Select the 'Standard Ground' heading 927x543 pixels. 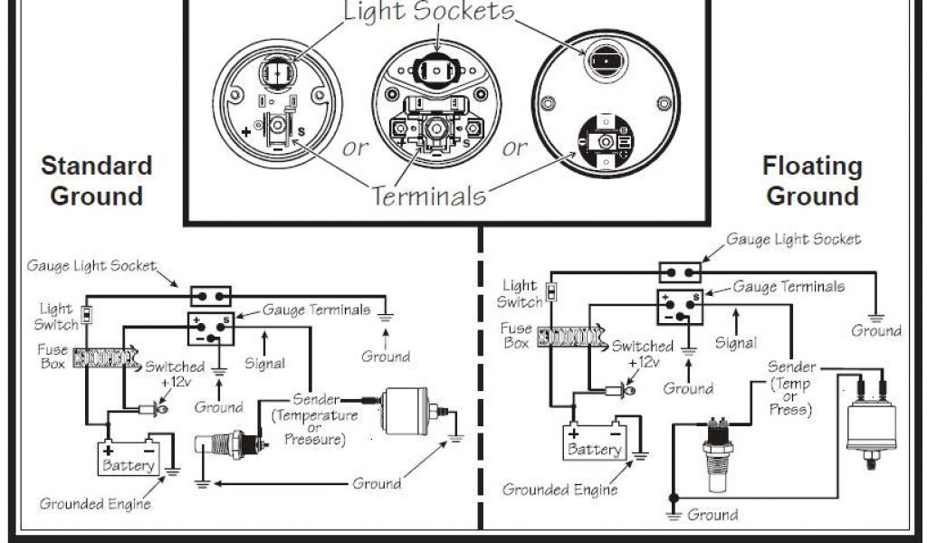click(x=97, y=180)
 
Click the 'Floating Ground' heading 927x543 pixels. click(x=812, y=180)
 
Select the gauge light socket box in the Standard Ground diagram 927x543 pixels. click(x=210, y=296)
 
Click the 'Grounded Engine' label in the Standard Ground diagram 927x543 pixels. click(x=94, y=503)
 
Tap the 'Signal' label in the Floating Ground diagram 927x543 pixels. click(x=736, y=343)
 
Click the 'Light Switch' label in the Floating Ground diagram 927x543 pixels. click(x=521, y=294)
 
